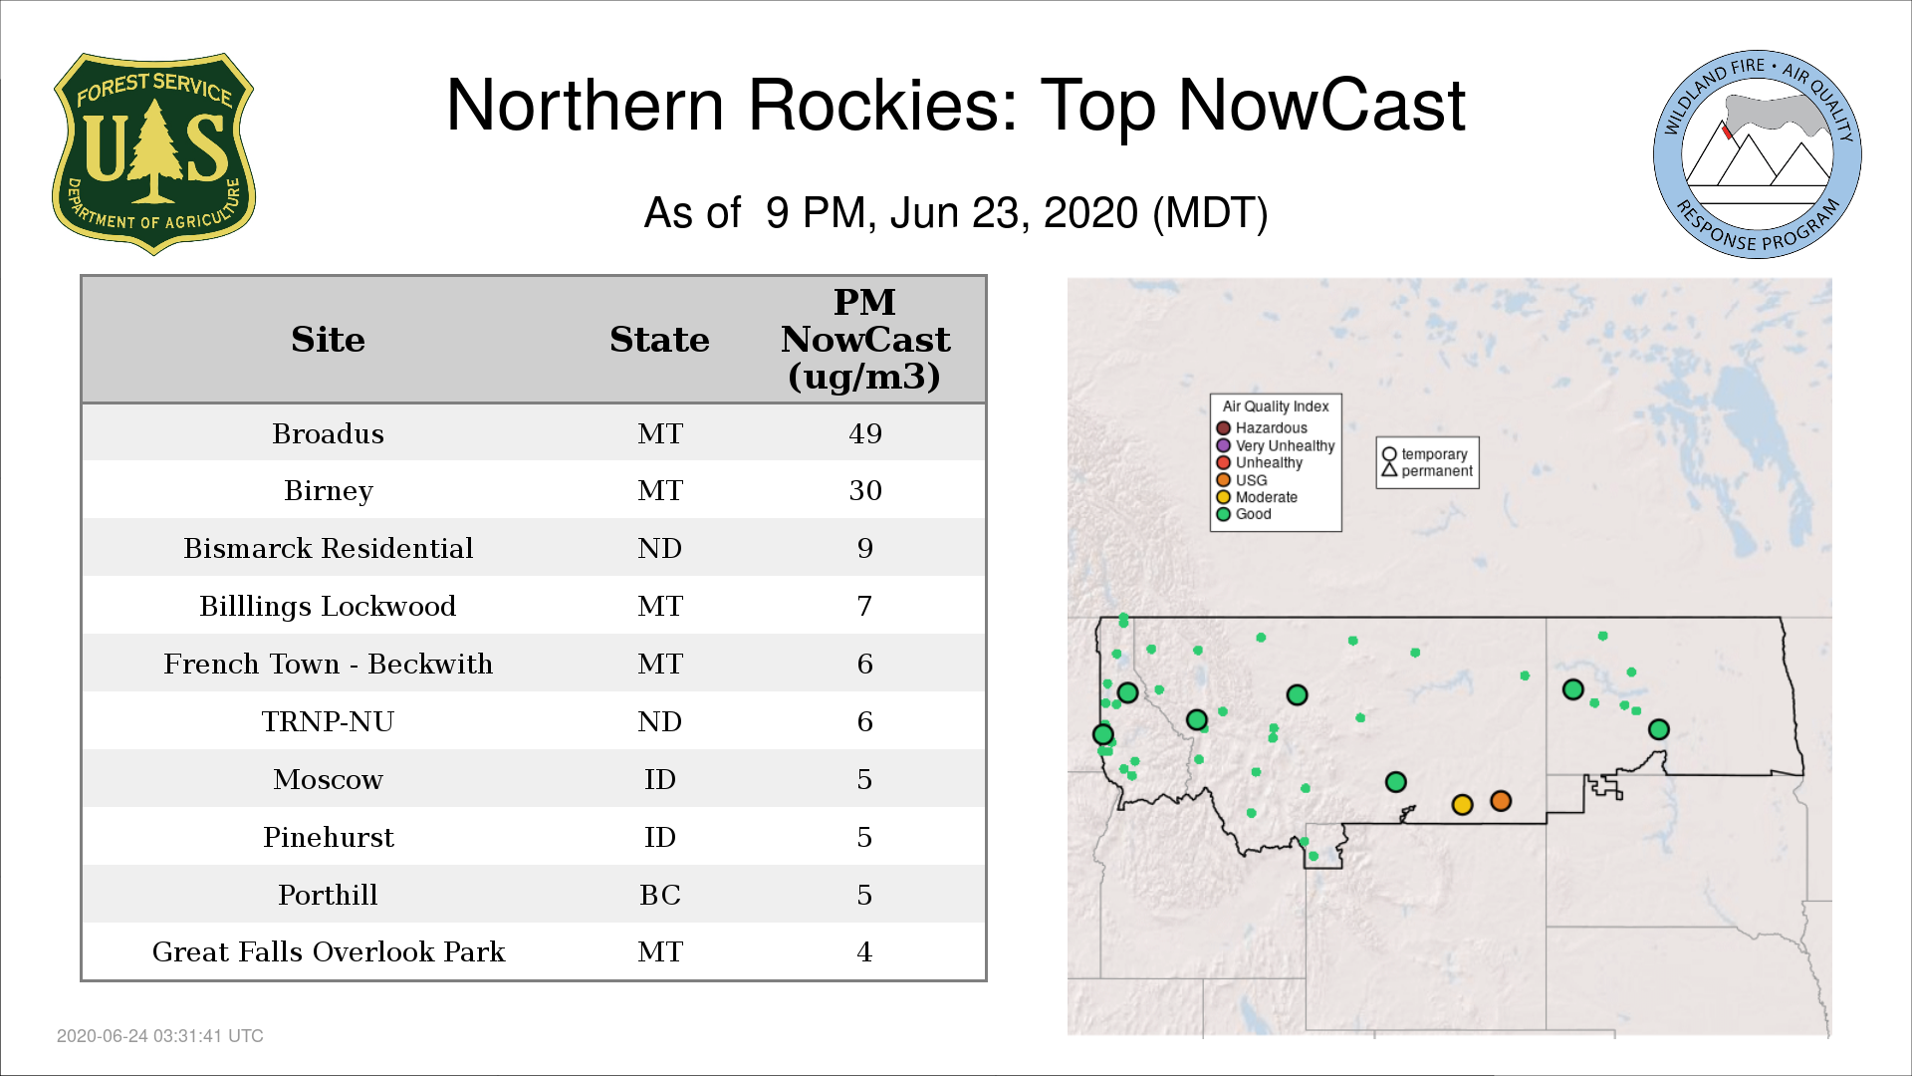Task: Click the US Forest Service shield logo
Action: pyautogui.click(x=153, y=154)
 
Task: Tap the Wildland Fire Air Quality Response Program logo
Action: pyautogui.click(x=1758, y=154)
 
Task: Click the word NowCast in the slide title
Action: pyautogui.click(x=1321, y=106)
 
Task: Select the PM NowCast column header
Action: pyautogui.click(x=864, y=339)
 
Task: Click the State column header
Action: pyautogui.click(x=659, y=340)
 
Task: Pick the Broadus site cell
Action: pyautogui.click(x=328, y=433)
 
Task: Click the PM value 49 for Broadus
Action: pyautogui.click(x=864, y=433)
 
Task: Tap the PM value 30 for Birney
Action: pyautogui.click(x=864, y=490)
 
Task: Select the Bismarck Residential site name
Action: pyautogui.click(x=328, y=548)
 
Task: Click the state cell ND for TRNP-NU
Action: pyautogui.click(x=659, y=721)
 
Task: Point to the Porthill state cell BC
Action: pyautogui.click(x=659, y=895)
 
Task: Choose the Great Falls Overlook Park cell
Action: pyautogui.click(x=328, y=951)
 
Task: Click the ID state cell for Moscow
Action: pyautogui.click(x=659, y=779)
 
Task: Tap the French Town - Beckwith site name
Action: pyautogui.click(x=328, y=664)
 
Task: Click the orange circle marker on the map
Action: pyautogui.click(x=1501, y=801)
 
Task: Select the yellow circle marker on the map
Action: pyautogui.click(x=1462, y=804)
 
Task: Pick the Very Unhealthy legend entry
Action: pyautogui.click(x=1276, y=445)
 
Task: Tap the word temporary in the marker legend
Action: pyautogui.click(x=1434, y=454)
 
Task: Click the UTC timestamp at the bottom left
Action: pyautogui.click(x=160, y=1036)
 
